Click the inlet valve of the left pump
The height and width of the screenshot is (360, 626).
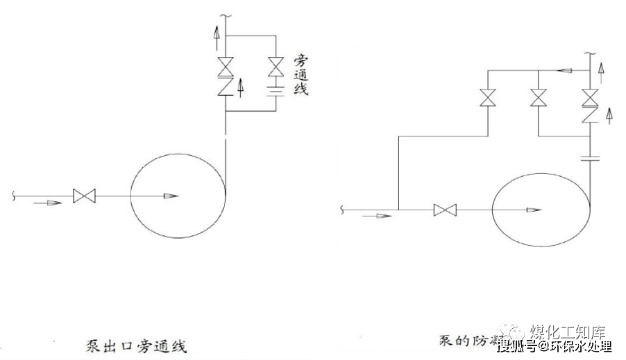[x=83, y=197]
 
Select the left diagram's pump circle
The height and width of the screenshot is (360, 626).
[x=178, y=197]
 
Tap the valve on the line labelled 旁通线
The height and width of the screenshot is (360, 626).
[x=276, y=68]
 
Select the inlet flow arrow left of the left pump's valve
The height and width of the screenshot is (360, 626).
[x=42, y=203]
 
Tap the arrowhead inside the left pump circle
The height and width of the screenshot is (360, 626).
[x=168, y=197]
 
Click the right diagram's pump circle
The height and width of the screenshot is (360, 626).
[x=540, y=209]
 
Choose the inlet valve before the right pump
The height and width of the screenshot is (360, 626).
[x=444, y=209]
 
